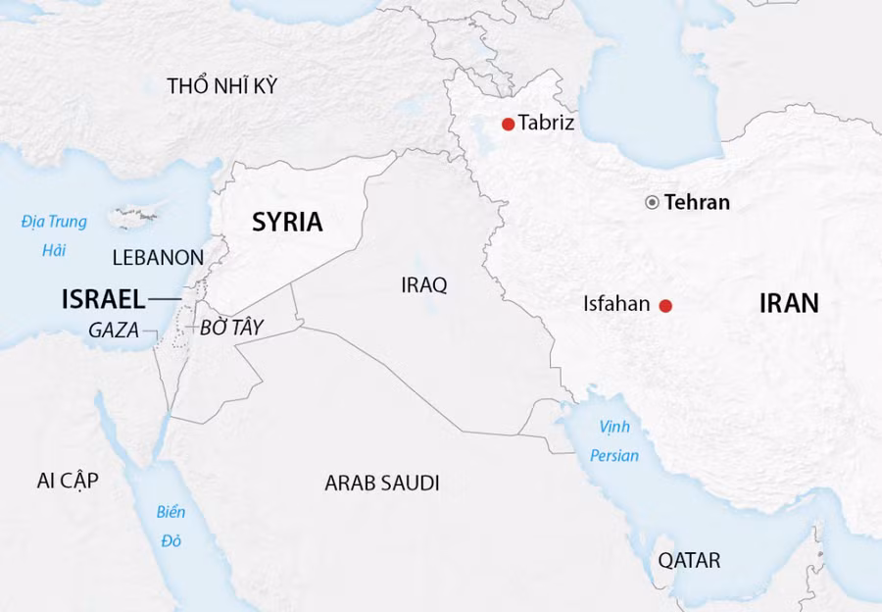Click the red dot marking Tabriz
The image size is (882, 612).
pos(508,124)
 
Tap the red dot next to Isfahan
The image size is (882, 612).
pos(665,305)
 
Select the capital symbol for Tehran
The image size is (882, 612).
pos(652,203)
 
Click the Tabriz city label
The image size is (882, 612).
pos(546,124)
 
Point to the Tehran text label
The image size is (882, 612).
pos(697,203)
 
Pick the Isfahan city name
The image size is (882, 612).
pos(616,304)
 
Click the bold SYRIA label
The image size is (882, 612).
pos(287,222)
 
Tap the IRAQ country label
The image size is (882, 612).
pos(423,285)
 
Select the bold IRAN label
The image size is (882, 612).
pos(789,303)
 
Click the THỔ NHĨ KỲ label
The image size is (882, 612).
pos(222,85)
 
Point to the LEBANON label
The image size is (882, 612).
pos(158,258)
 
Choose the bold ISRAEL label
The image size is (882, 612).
pos(103,299)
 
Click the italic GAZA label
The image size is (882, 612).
pos(114,331)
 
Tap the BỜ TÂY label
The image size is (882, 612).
pos(232,330)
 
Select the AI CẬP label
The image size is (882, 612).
pos(68,480)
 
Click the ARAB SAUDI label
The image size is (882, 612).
pos(382,483)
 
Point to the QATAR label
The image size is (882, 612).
pos(689,561)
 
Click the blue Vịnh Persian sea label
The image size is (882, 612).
pos(614,441)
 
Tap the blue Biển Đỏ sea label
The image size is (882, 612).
pos(171,526)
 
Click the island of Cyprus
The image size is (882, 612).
pos(135,214)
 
